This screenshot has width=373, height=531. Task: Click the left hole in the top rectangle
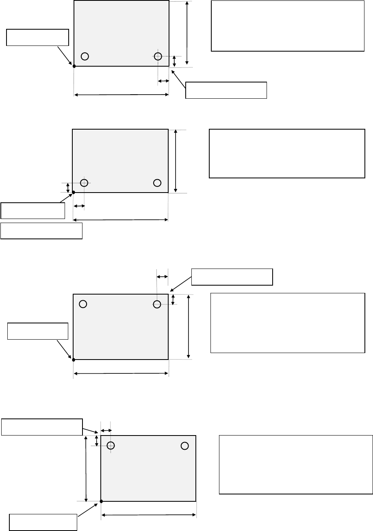point(85,56)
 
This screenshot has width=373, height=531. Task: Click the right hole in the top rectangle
point(158,56)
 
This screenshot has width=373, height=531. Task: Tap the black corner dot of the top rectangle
point(74,65)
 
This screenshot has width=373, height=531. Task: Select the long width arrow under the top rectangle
point(121,95)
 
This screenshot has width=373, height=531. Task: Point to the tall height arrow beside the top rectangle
point(186,33)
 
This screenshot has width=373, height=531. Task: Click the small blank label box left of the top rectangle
point(37,37)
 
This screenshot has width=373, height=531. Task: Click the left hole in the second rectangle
point(85,182)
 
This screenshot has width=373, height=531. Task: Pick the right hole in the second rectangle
point(158,182)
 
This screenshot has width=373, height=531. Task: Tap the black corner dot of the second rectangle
point(74,192)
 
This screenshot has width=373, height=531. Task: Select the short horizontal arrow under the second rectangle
point(79,206)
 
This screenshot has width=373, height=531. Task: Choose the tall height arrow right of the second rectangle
point(176,161)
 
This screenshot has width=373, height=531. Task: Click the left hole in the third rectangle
point(83,303)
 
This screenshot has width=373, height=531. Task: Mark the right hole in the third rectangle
point(157,303)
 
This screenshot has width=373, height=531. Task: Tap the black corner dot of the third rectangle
point(73,360)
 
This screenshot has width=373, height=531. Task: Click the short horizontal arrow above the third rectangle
point(162,276)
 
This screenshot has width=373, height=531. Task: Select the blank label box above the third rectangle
point(232,277)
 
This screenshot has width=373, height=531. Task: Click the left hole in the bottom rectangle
point(111,446)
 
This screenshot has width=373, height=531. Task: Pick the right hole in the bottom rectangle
point(184,446)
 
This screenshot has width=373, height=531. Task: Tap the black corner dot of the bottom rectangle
point(101,501)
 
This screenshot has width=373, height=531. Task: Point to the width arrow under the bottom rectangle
point(149,515)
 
